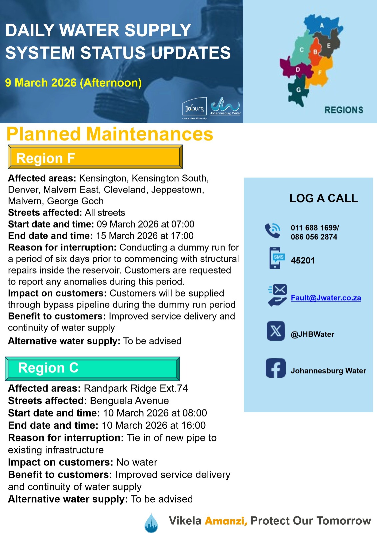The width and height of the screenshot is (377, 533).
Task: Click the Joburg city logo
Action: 194,107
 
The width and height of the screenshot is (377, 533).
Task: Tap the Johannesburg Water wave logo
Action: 225,106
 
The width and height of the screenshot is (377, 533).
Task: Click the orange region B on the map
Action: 315,52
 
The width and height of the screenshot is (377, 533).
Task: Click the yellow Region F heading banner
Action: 95,157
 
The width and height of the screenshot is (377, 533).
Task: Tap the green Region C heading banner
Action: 92,368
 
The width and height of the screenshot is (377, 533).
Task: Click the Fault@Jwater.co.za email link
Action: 326,298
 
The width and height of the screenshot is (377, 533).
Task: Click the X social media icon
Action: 276,331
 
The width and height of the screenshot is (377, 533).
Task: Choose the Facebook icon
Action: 275,368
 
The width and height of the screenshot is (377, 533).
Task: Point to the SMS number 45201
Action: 303,261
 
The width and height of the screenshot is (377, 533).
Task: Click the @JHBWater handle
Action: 312,334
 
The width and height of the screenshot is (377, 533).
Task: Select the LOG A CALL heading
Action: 323,198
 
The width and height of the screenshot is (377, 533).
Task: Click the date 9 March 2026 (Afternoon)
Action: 73,83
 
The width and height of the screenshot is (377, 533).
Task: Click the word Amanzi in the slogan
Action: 226,521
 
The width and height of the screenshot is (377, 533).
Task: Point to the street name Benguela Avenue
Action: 129,400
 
